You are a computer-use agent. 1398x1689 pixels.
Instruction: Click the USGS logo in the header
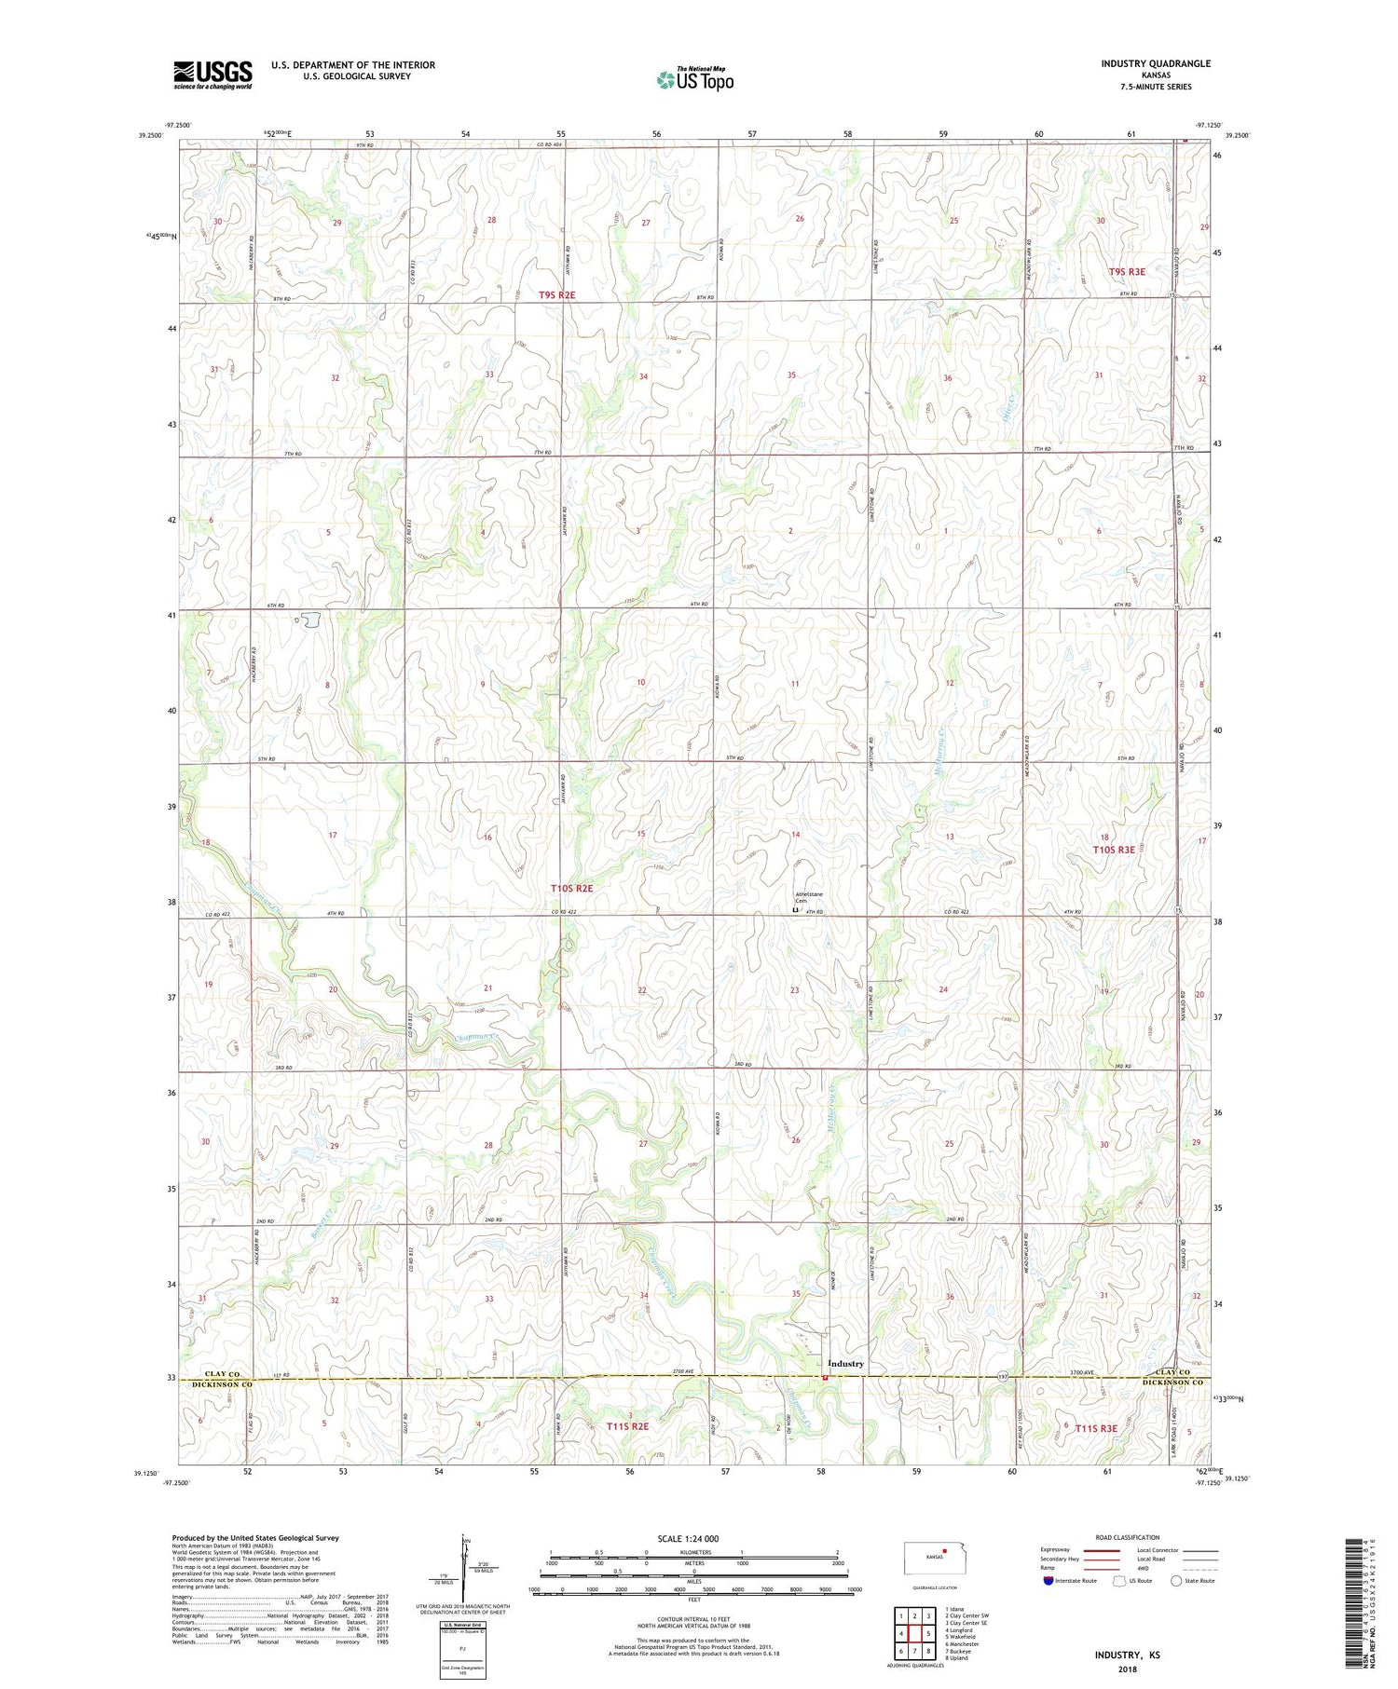pyautogui.click(x=212, y=75)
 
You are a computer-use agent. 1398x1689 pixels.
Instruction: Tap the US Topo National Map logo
pyautogui.click(x=694, y=79)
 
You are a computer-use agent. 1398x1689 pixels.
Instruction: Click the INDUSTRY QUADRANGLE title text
pyautogui.click(x=1155, y=63)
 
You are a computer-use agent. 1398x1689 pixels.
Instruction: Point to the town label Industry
pyautogui.click(x=845, y=1363)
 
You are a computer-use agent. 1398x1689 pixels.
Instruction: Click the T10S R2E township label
pyautogui.click(x=571, y=889)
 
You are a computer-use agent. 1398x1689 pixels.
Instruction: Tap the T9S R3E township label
pyautogui.click(x=1126, y=271)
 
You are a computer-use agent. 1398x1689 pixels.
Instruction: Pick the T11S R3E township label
pyautogui.click(x=1095, y=1427)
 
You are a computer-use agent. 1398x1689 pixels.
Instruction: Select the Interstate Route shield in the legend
pyautogui.click(x=1048, y=1581)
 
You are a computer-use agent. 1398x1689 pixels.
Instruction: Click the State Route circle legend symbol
pyautogui.click(x=1176, y=1580)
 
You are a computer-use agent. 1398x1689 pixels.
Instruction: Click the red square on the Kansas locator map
pyautogui.click(x=944, y=1553)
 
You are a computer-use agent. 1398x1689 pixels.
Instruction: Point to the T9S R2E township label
pyautogui.click(x=557, y=295)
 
